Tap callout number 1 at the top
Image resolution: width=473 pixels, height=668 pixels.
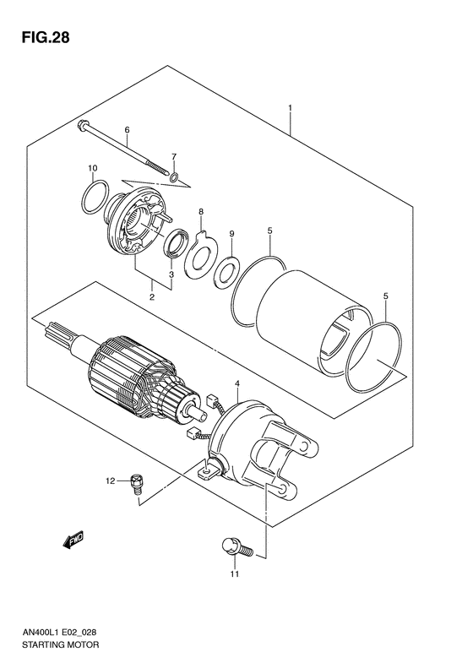[291, 108]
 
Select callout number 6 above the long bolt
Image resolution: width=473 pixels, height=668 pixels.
[127, 130]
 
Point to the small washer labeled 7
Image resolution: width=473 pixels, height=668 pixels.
[173, 177]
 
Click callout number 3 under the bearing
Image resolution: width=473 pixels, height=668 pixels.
[171, 274]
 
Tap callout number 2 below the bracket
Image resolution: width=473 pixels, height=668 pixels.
[152, 297]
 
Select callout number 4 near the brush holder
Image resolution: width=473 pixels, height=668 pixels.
[238, 384]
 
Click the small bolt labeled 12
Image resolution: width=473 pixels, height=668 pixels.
[135, 484]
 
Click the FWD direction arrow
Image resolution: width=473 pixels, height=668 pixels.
[73, 538]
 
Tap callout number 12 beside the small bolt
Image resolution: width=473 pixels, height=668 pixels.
[109, 481]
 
